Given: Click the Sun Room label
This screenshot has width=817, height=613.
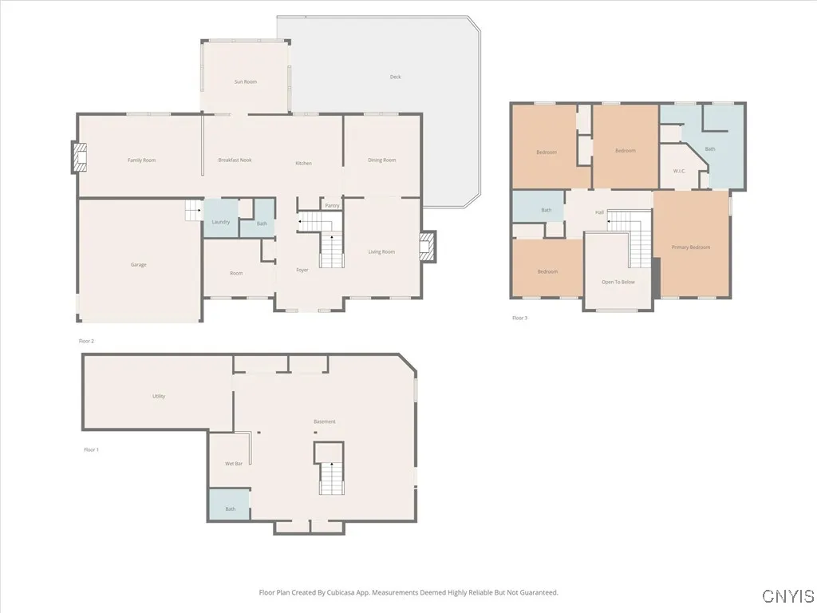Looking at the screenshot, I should click(x=245, y=81).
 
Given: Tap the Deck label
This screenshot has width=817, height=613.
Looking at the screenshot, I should click(x=395, y=77).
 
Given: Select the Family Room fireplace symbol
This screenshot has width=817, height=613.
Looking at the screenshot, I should click(x=79, y=157).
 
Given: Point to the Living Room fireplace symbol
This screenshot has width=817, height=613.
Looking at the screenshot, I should click(x=428, y=247).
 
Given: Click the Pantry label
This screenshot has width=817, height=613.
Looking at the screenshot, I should click(x=332, y=206).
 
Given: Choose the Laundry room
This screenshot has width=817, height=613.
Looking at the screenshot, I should click(x=221, y=221).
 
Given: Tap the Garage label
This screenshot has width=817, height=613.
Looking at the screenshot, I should click(x=139, y=264).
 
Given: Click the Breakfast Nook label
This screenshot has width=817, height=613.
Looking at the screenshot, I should click(x=235, y=160).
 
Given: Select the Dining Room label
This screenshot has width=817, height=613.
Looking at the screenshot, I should click(x=381, y=160).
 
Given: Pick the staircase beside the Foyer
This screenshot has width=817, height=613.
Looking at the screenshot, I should click(x=331, y=251).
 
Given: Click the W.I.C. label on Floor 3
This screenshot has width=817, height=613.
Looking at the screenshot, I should click(x=679, y=171).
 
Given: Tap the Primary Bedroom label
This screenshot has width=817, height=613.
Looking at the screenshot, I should click(x=690, y=247).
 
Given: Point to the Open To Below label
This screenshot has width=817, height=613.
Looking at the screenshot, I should click(x=618, y=282).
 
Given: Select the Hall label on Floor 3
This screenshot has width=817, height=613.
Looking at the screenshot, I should click(x=599, y=212).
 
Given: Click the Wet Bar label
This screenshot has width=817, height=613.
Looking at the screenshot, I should click(x=233, y=464).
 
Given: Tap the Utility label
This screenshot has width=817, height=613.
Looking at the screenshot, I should click(x=159, y=396).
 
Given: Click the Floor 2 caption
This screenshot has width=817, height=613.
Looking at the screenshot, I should click(x=86, y=341).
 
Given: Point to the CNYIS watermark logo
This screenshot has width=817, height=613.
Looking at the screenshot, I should click(x=787, y=596).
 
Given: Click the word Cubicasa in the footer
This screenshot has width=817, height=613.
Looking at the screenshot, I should click(x=342, y=593).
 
